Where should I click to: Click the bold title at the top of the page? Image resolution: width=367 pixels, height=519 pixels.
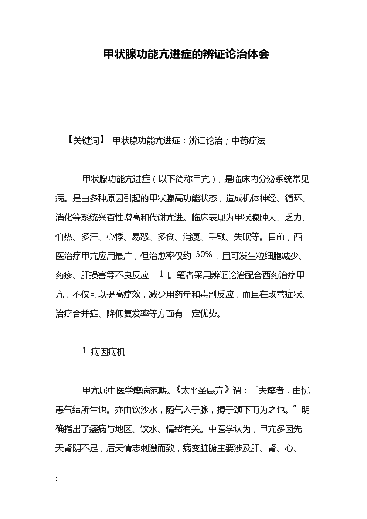pyautogui.click(x=186, y=55)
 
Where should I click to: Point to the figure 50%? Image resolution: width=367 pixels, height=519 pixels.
pyautogui.click(x=204, y=255)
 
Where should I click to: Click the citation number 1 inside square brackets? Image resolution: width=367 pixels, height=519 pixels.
pyautogui.click(x=161, y=274)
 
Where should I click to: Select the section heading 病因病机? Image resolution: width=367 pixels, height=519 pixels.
pyautogui.click(x=108, y=352)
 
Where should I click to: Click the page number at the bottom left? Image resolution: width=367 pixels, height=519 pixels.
pyautogui.click(x=57, y=479)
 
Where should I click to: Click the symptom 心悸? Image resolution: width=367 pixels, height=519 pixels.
pyautogui.click(x=115, y=237)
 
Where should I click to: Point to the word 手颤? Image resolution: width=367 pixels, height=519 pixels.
pyautogui.click(x=217, y=237)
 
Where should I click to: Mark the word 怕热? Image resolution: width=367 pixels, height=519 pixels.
pyautogui.click(x=64, y=237)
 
